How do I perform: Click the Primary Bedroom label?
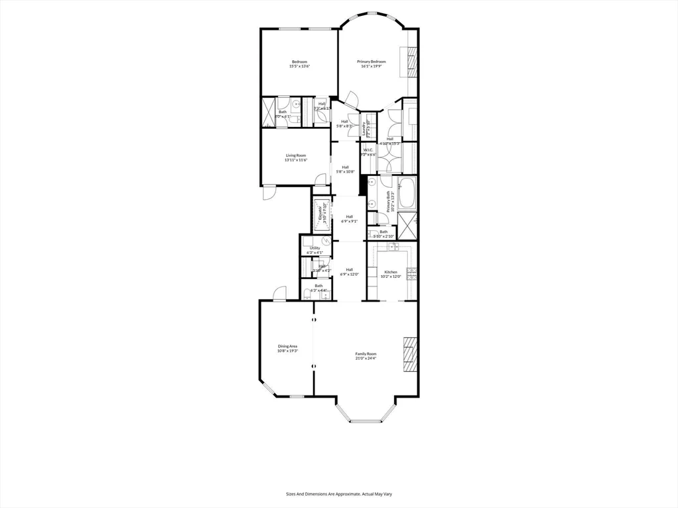(x=373, y=62)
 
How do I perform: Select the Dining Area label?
(x=287, y=346)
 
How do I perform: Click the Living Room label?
(x=296, y=155)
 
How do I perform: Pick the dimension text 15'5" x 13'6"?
(x=299, y=66)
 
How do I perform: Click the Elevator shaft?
(x=322, y=214)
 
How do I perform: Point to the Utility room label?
(x=315, y=248)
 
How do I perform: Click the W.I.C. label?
(x=369, y=150)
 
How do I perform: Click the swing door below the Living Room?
(x=268, y=192)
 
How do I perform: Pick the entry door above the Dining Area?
(x=280, y=293)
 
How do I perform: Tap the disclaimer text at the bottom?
(x=339, y=493)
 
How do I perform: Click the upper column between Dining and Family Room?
(x=314, y=319)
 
